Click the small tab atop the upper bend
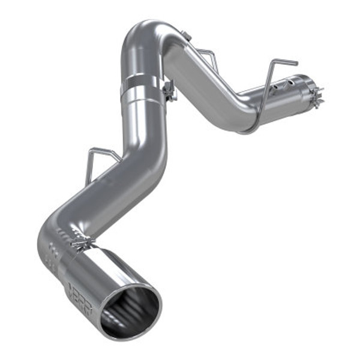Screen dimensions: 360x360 tap(187, 37)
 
